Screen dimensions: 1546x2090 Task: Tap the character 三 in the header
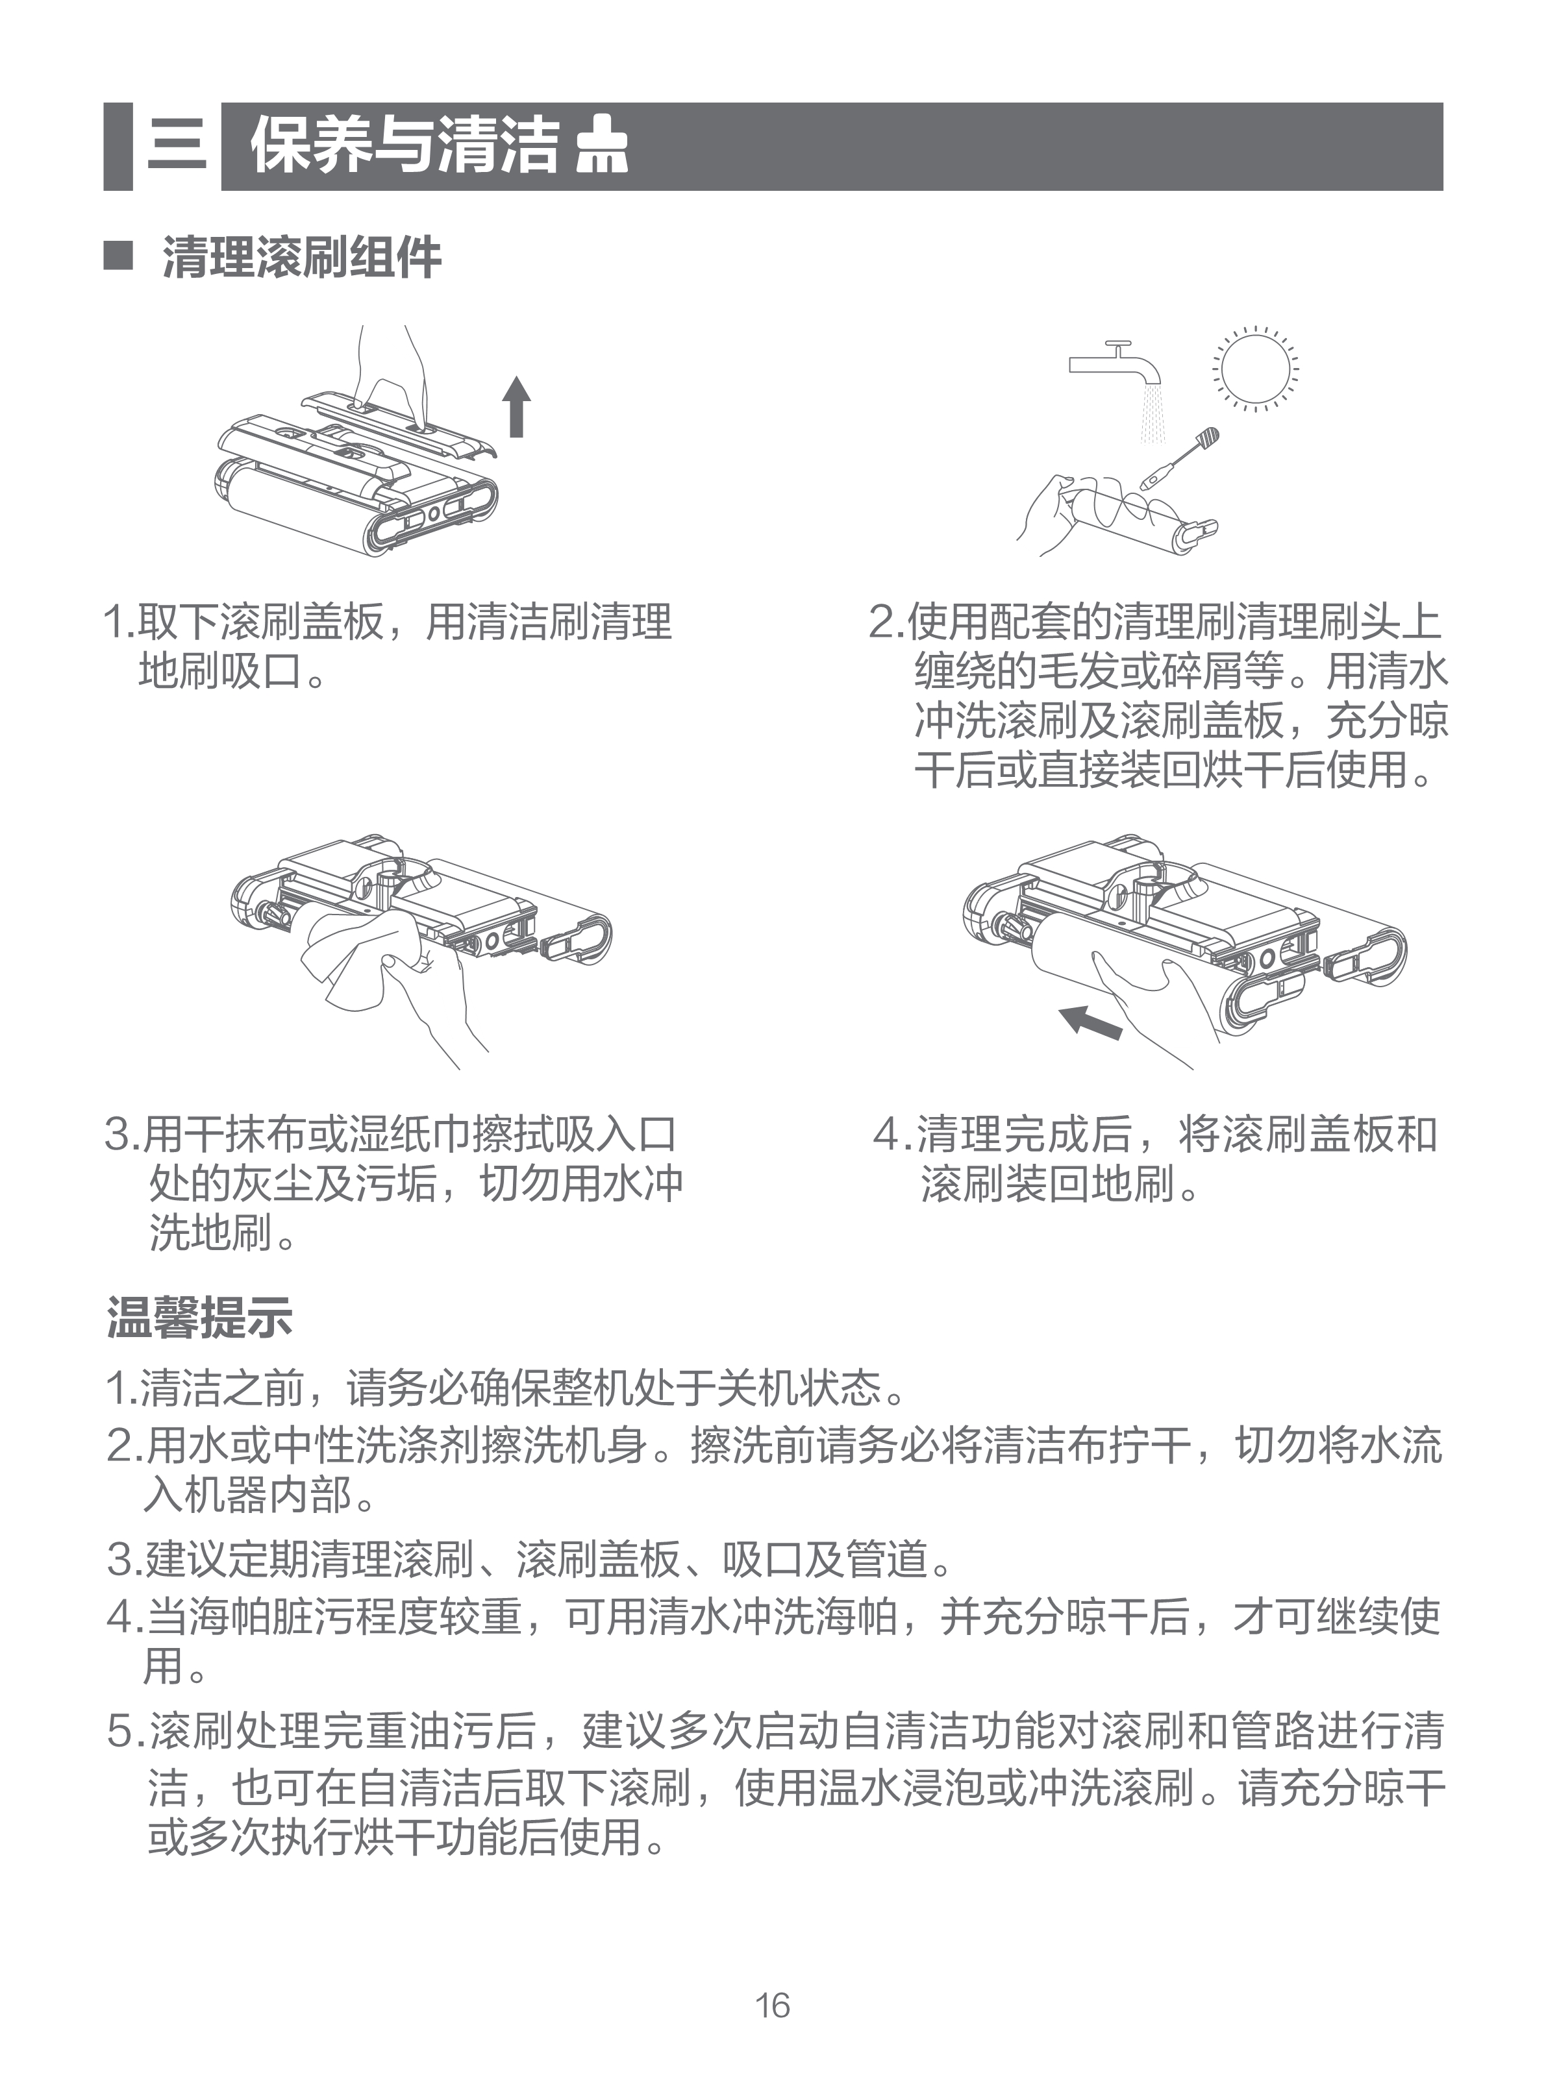pos(177,146)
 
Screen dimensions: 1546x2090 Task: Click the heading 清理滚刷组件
pos(301,257)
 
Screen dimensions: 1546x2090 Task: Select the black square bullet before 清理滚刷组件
pos(118,254)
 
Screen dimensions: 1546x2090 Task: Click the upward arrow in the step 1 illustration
pos(516,406)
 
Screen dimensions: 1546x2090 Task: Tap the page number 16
pos(773,2005)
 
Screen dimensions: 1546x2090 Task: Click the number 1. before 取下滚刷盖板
pos(119,621)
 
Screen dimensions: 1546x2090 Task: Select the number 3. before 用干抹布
pos(123,1135)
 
